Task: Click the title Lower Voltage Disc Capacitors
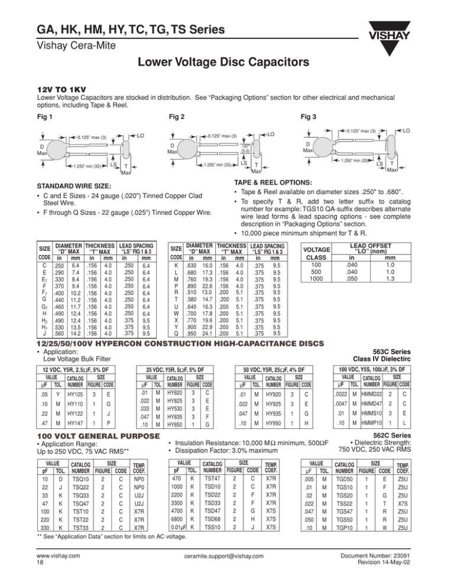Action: point(227,63)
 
